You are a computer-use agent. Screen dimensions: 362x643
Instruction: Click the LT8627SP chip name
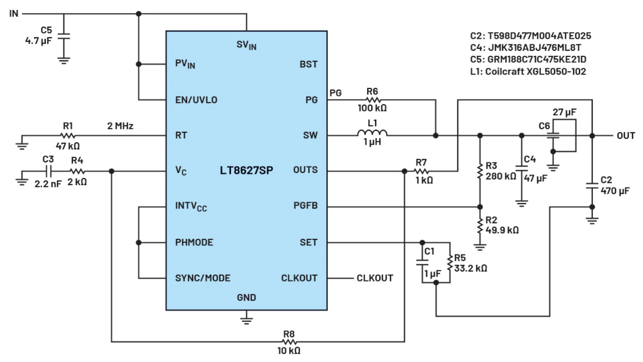246,170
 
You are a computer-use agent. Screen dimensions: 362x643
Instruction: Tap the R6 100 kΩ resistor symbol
372,100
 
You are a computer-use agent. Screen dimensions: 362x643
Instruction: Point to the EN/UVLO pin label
196,100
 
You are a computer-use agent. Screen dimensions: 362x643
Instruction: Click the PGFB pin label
305,206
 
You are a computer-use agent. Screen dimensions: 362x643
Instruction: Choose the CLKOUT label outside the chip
375,278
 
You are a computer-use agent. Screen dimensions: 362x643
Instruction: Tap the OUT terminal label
626,136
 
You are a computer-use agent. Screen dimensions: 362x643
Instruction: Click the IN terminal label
14,14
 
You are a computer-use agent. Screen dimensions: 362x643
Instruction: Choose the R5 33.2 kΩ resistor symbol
450,261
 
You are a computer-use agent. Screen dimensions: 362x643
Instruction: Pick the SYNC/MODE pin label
202,278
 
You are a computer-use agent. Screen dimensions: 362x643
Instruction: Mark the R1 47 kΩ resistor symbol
68,136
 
